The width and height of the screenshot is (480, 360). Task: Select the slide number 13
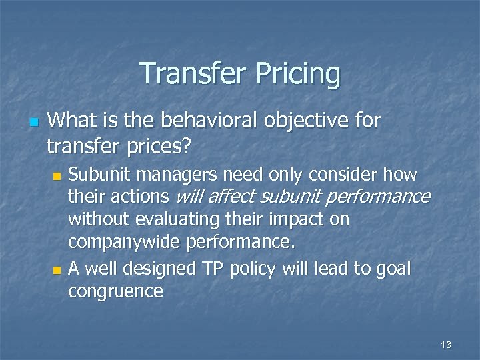tap(446, 345)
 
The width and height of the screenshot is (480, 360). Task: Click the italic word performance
tap(385, 197)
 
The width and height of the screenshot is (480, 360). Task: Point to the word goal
tap(395, 269)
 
